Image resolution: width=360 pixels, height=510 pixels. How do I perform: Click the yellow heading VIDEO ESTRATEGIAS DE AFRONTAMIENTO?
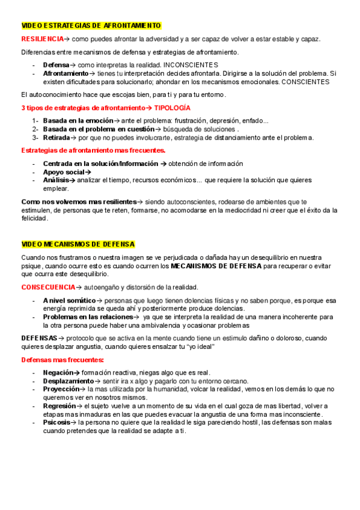[x=91, y=25]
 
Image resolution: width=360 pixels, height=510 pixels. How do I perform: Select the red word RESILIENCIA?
[x=42, y=39]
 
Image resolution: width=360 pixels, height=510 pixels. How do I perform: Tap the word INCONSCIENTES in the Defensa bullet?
[x=191, y=65]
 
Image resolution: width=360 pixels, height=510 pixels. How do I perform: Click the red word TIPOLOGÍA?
[x=172, y=108]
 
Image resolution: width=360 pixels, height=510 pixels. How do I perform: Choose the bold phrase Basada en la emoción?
[x=78, y=121]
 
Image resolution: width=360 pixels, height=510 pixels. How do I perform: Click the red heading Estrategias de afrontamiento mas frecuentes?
[x=93, y=150]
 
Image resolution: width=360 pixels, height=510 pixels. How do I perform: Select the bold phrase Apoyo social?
[x=64, y=172]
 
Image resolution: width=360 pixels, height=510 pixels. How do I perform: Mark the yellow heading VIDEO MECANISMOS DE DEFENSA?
[x=78, y=244]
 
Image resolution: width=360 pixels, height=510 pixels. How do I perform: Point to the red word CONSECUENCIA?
[x=47, y=287]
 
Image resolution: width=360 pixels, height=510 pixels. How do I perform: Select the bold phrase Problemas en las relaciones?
[x=88, y=316]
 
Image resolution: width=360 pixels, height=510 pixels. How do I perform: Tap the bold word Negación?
[x=59, y=372]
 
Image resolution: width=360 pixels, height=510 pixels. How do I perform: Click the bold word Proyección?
[x=62, y=389]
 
